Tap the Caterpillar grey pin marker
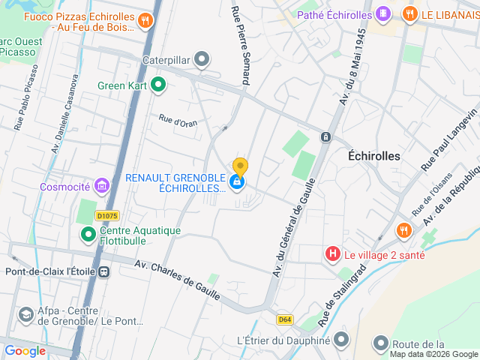201,58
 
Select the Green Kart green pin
157,85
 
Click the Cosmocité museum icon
102,186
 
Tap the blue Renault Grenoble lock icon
237,181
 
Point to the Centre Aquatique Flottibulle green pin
88,235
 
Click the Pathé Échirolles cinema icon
382,14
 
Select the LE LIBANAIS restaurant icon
409,14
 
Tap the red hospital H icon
333,254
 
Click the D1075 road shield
107,216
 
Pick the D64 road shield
284,319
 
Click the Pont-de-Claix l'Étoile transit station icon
103,271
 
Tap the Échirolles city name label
374,156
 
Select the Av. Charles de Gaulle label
178,280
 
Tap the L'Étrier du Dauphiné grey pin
341,340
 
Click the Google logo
25,350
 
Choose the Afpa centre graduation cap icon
26,314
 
